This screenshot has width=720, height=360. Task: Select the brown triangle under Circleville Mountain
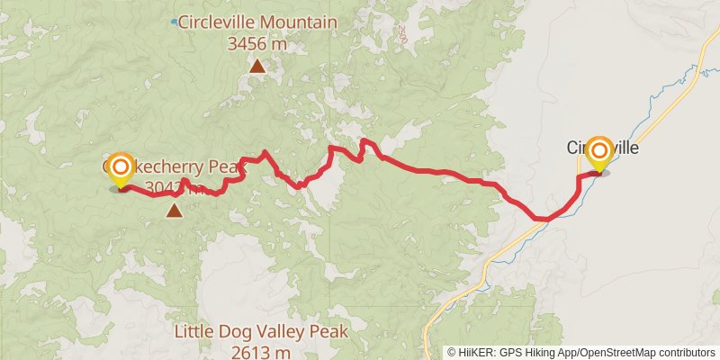coord(257,65)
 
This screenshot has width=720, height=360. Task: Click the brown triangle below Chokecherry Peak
coord(174,211)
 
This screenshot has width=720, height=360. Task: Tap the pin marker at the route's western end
coord(120,171)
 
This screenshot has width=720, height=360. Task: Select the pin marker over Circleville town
coord(598,154)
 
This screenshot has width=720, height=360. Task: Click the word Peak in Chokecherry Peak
coord(227,166)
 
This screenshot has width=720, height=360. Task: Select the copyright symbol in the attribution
coord(452,353)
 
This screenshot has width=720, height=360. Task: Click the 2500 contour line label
coord(401,35)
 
